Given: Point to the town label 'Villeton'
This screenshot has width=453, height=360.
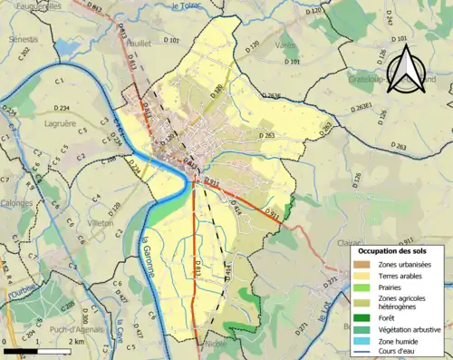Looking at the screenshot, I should pos(100,221).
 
